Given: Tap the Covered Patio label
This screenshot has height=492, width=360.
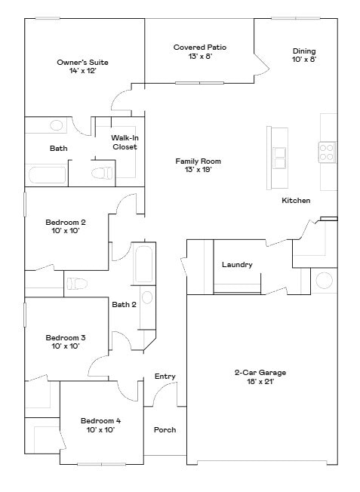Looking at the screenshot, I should (x=199, y=52).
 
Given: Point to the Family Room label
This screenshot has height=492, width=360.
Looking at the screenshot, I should (x=198, y=165).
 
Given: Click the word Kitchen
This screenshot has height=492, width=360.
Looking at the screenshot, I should (x=296, y=201).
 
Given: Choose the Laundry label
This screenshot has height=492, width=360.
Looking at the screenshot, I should (x=237, y=265).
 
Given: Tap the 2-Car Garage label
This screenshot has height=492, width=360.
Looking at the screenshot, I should (x=260, y=377).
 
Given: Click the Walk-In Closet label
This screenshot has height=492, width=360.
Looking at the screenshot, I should (x=125, y=143).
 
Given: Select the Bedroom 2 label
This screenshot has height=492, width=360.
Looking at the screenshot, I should (x=66, y=226).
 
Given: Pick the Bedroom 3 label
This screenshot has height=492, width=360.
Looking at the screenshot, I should (x=66, y=342).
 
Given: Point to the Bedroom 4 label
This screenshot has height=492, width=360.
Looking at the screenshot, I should (x=101, y=425).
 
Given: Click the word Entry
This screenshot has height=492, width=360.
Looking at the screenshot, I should (x=165, y=377).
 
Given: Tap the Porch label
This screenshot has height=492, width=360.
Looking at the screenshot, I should (x=165, y=430).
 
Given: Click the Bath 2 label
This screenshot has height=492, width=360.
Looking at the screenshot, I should (x=124, y=305).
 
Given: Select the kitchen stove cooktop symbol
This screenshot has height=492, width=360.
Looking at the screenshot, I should (x=327, y=152).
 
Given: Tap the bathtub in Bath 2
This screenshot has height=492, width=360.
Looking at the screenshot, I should (x=143, y=264).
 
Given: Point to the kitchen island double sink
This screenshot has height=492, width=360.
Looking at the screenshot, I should (x=279, y=158).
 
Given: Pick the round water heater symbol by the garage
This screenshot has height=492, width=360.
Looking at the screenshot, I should (x=324, y=281).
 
